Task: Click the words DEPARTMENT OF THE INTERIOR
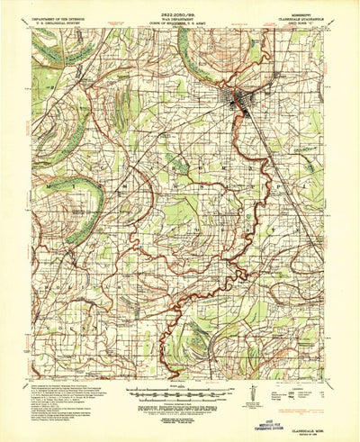point(59,18)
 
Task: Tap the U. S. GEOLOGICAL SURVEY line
point(59,23)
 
